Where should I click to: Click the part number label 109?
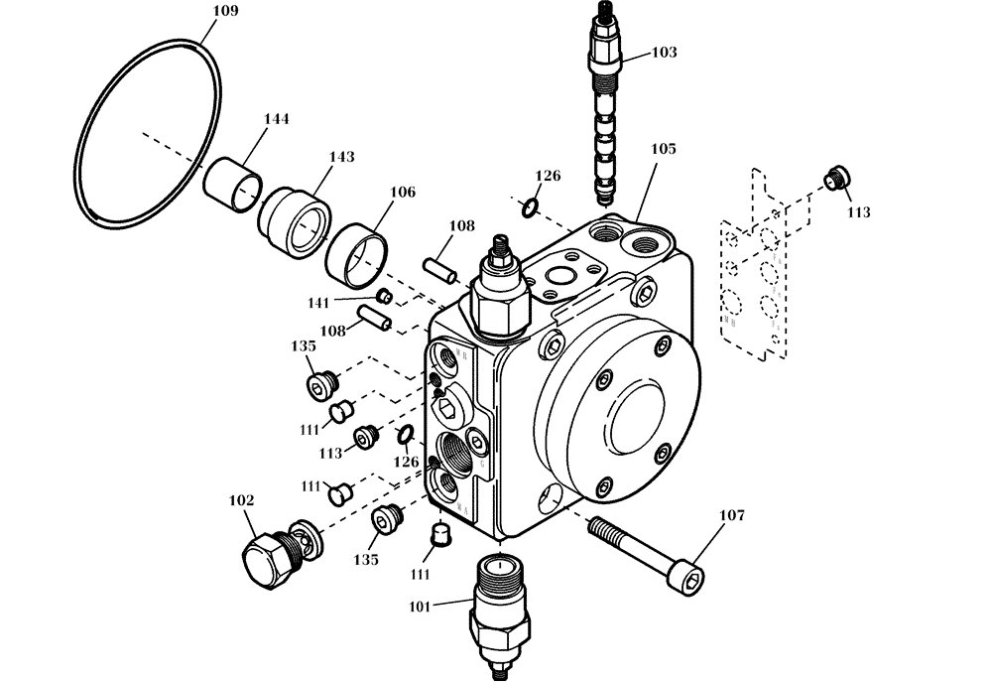point(226,13)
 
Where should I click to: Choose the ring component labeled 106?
point(355,250)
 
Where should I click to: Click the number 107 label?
point(731,515)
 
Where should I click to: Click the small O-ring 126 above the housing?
point(532,206)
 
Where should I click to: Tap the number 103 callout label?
point(664,52)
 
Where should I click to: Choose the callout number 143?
point(341,157)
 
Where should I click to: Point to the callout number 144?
point(276,119)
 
